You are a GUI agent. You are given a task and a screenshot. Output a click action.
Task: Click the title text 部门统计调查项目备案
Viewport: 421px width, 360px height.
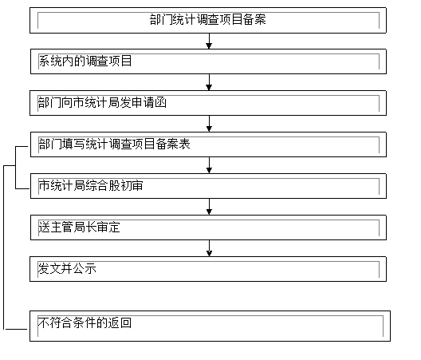208,20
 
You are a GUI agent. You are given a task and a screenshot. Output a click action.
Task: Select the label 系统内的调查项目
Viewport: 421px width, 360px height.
85,61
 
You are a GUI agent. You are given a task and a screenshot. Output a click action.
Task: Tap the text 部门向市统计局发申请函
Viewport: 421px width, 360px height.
102,102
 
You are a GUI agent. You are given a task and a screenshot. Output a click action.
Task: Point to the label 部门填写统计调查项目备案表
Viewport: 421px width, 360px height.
114,144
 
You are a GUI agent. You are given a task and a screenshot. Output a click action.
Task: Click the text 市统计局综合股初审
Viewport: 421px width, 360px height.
91,185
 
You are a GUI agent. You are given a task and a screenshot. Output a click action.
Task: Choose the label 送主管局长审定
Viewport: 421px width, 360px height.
79,227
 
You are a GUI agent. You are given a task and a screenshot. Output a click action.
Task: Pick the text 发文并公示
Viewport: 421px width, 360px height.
67,268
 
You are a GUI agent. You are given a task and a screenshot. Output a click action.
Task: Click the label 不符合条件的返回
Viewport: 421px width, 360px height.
85,322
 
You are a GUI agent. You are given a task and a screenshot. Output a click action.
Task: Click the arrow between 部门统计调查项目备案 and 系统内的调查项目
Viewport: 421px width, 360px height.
209,42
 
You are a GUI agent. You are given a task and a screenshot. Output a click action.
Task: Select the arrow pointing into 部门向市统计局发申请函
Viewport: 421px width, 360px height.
209,82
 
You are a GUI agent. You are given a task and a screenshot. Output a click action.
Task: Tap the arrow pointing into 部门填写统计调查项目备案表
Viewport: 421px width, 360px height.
209,124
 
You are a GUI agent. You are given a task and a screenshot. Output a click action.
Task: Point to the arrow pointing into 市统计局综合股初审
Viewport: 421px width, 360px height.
209,165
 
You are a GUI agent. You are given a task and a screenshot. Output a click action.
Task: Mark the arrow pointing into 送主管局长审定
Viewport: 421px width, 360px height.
209,207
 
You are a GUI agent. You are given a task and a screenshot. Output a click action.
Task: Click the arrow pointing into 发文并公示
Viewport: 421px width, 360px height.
209,248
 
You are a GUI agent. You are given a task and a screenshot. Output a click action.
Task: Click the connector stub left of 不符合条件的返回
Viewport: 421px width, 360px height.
17,329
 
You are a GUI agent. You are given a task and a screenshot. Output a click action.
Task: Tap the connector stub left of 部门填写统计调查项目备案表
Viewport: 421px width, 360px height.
22,147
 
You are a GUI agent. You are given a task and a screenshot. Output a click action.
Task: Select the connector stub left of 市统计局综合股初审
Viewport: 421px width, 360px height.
22,188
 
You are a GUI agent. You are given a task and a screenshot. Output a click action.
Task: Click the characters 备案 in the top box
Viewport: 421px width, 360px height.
254,20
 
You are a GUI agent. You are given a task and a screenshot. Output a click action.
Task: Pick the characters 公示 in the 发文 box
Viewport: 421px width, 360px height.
85,268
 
